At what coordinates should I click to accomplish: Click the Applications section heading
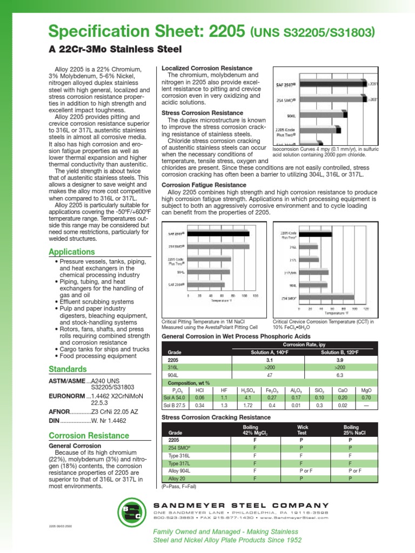click(72, 252)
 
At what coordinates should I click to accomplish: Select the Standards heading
click(68, 369)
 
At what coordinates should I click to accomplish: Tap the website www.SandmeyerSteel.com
click(298, 517)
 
